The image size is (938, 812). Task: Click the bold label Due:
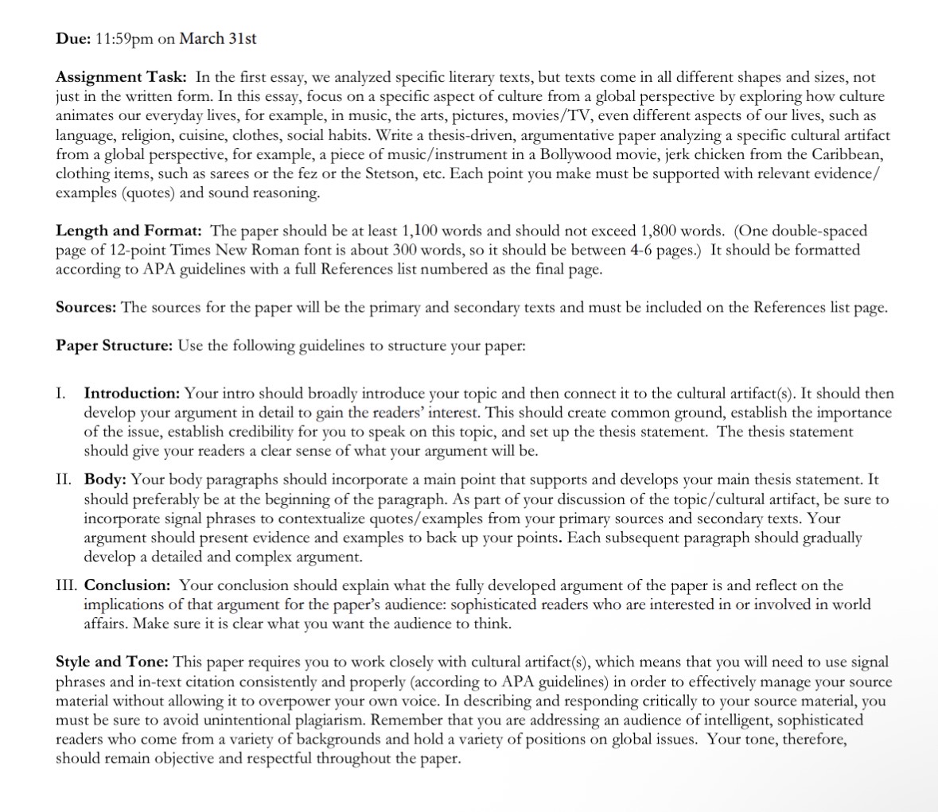pos(73,38)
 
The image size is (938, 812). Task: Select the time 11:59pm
pos(123,38)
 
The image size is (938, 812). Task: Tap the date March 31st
pos(218,38)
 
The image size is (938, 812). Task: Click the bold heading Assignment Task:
pos(121,77)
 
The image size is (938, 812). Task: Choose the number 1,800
pos(660,231)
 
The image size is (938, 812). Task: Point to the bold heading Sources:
pos(87,307)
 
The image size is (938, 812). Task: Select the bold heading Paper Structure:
pos(114,346)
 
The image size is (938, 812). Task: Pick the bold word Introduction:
pos(133,393)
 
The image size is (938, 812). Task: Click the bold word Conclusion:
pos(127,585)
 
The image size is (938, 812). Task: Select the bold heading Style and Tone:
pos(111,662)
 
